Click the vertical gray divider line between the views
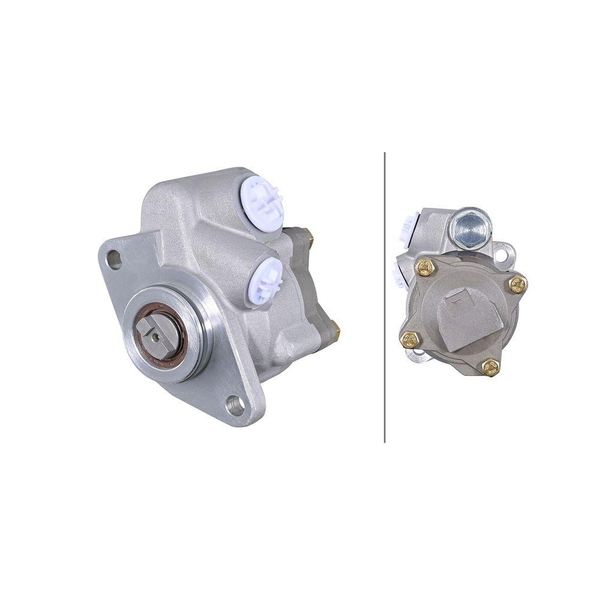click(x=385, y=297)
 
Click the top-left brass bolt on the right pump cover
click(x=426, y=269)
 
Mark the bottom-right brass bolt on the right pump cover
click(x=491, y=368)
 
